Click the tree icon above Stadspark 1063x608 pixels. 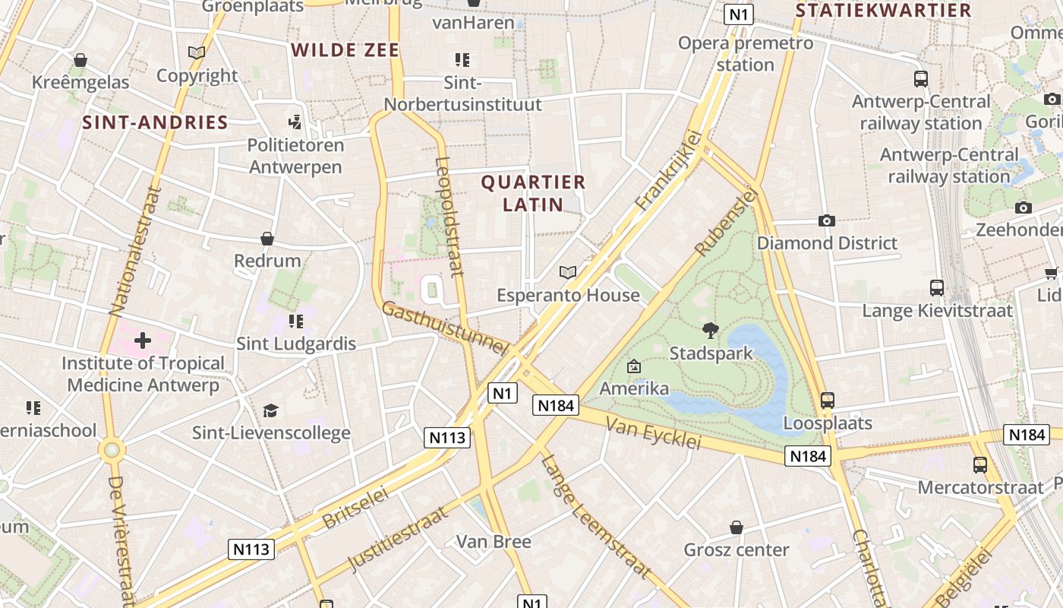click(x=711, y=330)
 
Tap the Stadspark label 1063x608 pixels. click(x=711, y=353)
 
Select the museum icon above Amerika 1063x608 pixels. click(x=634, y=367)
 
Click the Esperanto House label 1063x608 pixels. click(x=568, y=295)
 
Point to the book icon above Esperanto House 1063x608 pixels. click(x=568, y=272)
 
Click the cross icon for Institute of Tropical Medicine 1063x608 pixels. click(x=143, y=340)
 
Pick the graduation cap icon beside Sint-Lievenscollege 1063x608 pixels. click(x=271, y=411)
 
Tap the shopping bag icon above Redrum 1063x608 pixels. click(x=267, y=239)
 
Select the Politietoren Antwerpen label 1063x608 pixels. click(x=296, y=156)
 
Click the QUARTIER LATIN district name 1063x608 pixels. click(x=534, y=193)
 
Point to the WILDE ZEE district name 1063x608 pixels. click(x=345, y=51)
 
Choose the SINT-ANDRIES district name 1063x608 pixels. click(x=155, y=122)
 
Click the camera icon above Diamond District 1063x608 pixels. click(x=827, y=221)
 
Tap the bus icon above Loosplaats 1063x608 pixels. click(x=828, y=400)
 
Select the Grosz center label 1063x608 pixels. click(x=737, y=549)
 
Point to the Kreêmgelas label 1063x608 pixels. click(x=80, y=82)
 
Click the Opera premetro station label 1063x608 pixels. click(x=746, y=53)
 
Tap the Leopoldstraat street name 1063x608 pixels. click(x=449, y=216)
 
